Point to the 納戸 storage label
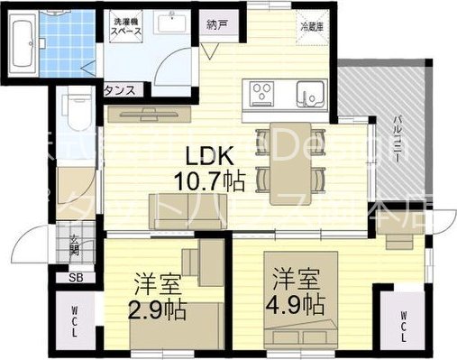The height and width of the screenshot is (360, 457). coord(216,24)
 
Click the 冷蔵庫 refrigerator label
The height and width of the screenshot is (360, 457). coord(311,26)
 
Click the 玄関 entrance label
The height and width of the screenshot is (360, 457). coord(75,244)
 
